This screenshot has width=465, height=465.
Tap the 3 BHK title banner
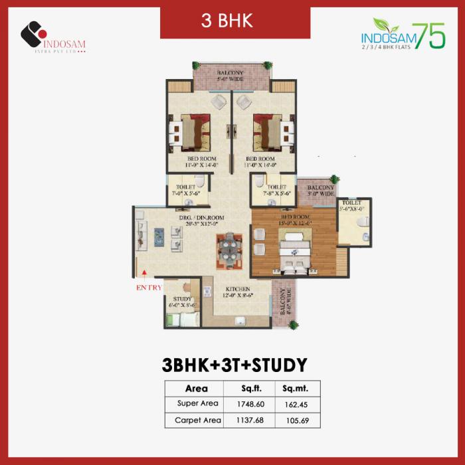click(227, 20)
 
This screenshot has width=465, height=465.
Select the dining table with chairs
click(229, 250)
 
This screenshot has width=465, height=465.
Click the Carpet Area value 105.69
click(296, 420)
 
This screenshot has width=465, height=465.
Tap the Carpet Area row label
click(197, 420)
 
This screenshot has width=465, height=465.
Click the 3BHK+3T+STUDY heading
click(234, 365)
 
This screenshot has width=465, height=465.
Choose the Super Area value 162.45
click(296, 403)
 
